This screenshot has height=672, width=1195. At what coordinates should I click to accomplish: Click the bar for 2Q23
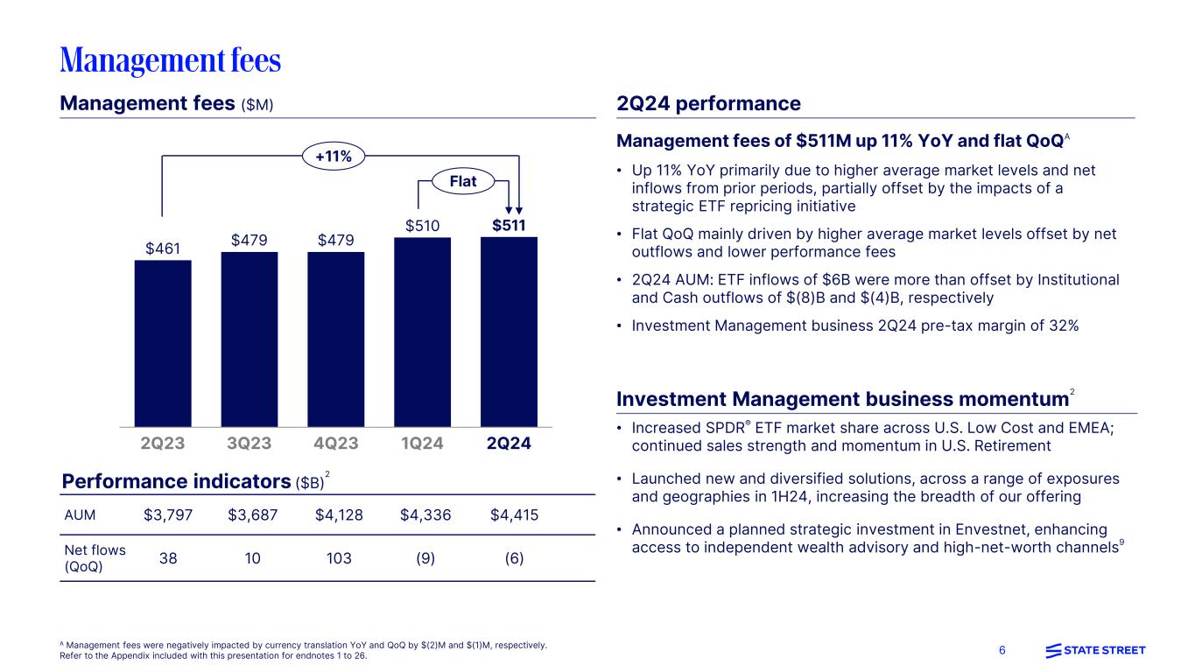pyautogui.click(x=163, y=343)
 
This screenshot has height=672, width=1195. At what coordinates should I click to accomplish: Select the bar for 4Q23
pyautogui.click(x=336, y=339)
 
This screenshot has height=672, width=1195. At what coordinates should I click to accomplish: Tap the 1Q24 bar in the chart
pyautogui.click(x=422, y=332)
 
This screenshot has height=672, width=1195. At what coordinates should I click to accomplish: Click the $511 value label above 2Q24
pyautogui.click(x=509, y=225)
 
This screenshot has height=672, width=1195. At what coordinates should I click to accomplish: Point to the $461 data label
pyautogui.click(x=163, y=248)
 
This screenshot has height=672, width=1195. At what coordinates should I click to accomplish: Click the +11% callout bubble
pyautogui.click(x=333, y=157)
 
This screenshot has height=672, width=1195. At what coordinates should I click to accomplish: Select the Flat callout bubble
pyautogui.click(x=462, y=182)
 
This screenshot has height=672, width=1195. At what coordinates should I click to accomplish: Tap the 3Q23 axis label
pyautogui.click(x=250, y=443)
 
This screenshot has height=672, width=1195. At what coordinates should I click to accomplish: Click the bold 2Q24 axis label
pyautogui.click(x=509, y=443)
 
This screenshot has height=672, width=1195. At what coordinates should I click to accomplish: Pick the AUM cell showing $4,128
pyautogui.click(x=337, y=514)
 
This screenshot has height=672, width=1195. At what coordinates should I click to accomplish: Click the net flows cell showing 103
pyautogui.click(x=337, y=557)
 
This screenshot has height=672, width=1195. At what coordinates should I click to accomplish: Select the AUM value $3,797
pyautogui.click(x=166, y=514)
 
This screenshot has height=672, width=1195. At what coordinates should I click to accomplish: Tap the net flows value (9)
pyautogui.click(x=425, y=557)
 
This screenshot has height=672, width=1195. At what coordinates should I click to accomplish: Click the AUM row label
pyautogui.click(x=81, y=514)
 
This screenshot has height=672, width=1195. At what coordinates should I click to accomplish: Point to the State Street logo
pyautogui.click(x=1095, y=650)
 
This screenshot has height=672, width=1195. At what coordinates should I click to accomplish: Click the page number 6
pyautogui.click(x=1002, y=650)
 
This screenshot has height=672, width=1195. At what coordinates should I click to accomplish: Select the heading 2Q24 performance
pyautogui.click(x=708, y=104)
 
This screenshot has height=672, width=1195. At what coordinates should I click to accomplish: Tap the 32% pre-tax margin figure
pyautogui.click(x=1063, y=325)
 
